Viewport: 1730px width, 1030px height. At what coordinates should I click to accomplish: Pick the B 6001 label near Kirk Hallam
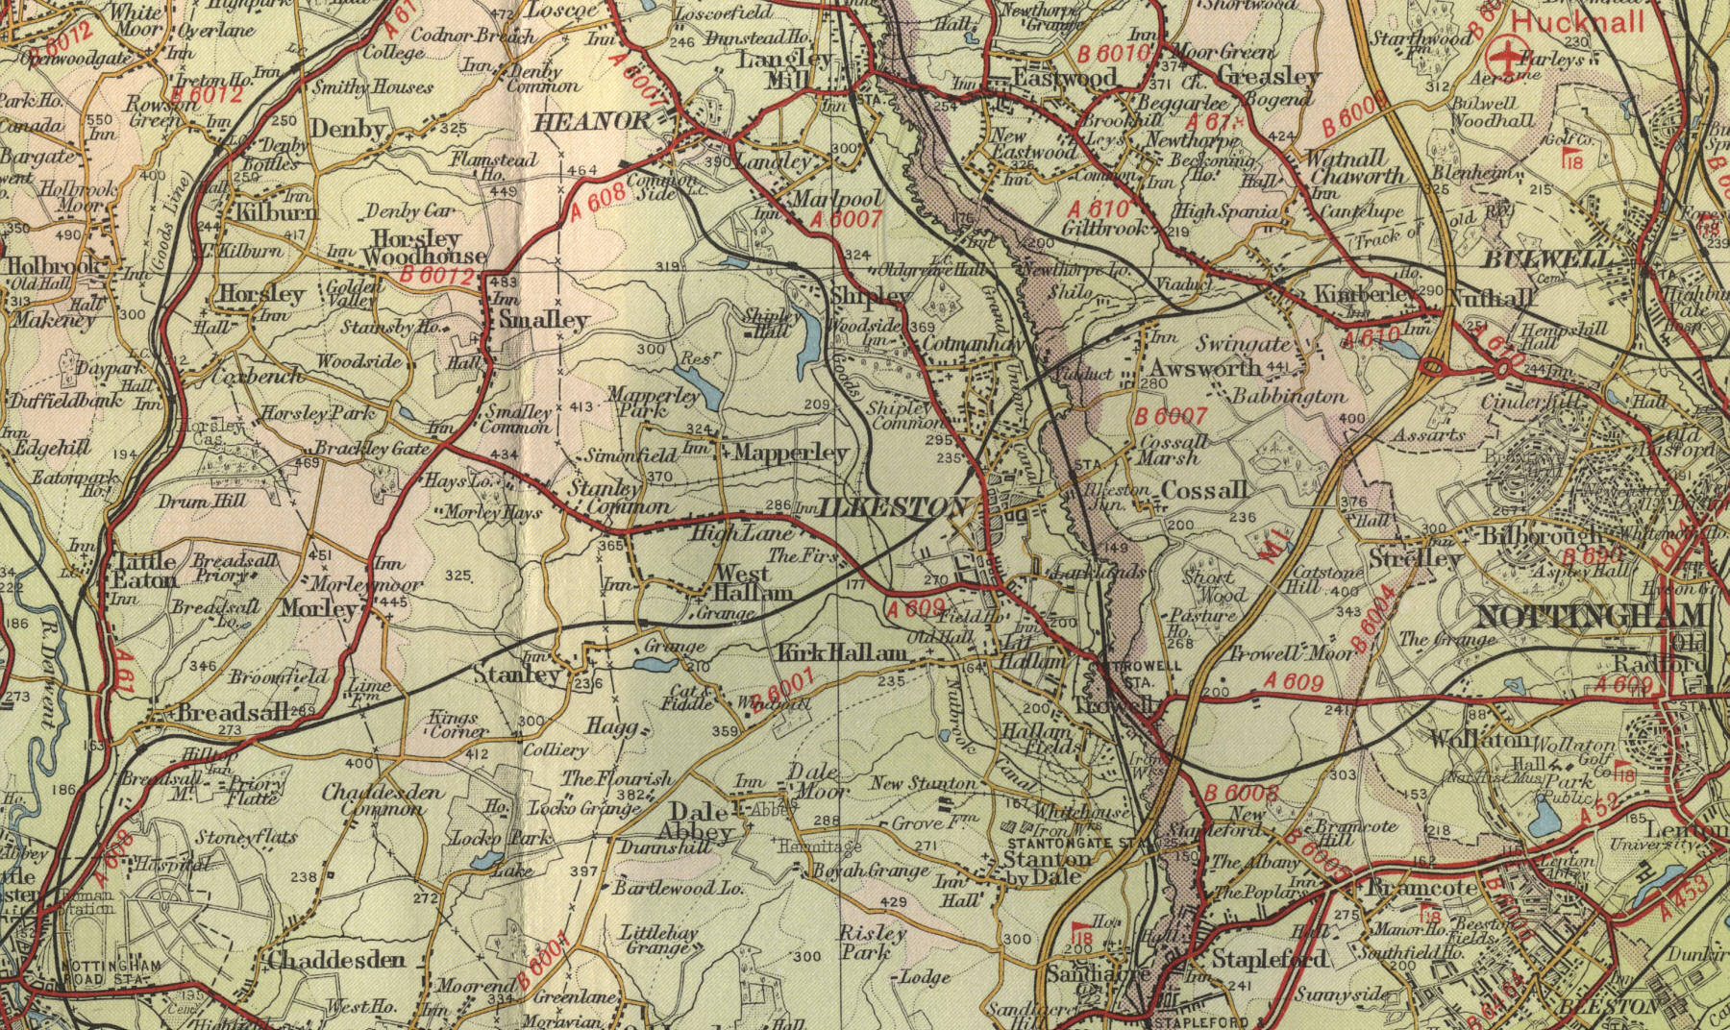coord(783,690)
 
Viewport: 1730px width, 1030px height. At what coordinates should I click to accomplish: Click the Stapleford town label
coord(1270,959)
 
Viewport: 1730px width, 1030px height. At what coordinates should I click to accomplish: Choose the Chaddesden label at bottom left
coord(336,960)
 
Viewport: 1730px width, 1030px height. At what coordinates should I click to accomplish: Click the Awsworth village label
coord(1205,368)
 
